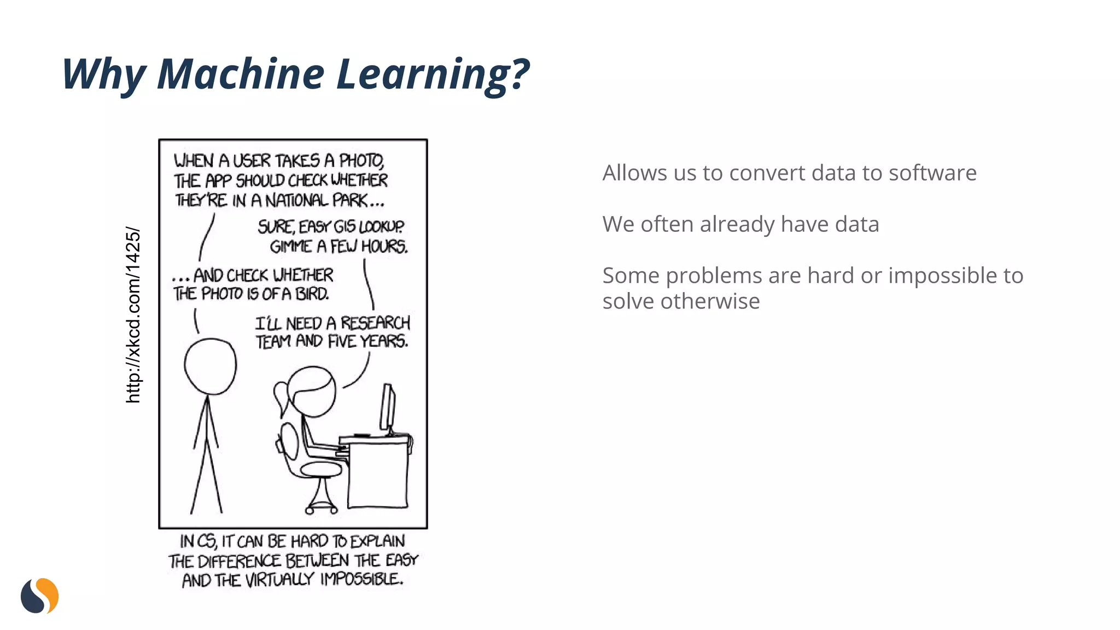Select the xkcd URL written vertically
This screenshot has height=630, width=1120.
click(x=133, y=315)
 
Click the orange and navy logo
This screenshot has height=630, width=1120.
click(x=40, y=596)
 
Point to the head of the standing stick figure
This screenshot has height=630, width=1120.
click(x=210, y=366)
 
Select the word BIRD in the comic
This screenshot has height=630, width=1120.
click(x=312, y=294)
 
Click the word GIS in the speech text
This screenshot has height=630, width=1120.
click(x=345, y=226)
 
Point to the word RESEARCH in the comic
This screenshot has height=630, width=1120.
click(x=375, y=323)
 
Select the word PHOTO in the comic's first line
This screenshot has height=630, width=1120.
click(x=361, y=161)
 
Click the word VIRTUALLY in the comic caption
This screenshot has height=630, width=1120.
click(x=279, y=580)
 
